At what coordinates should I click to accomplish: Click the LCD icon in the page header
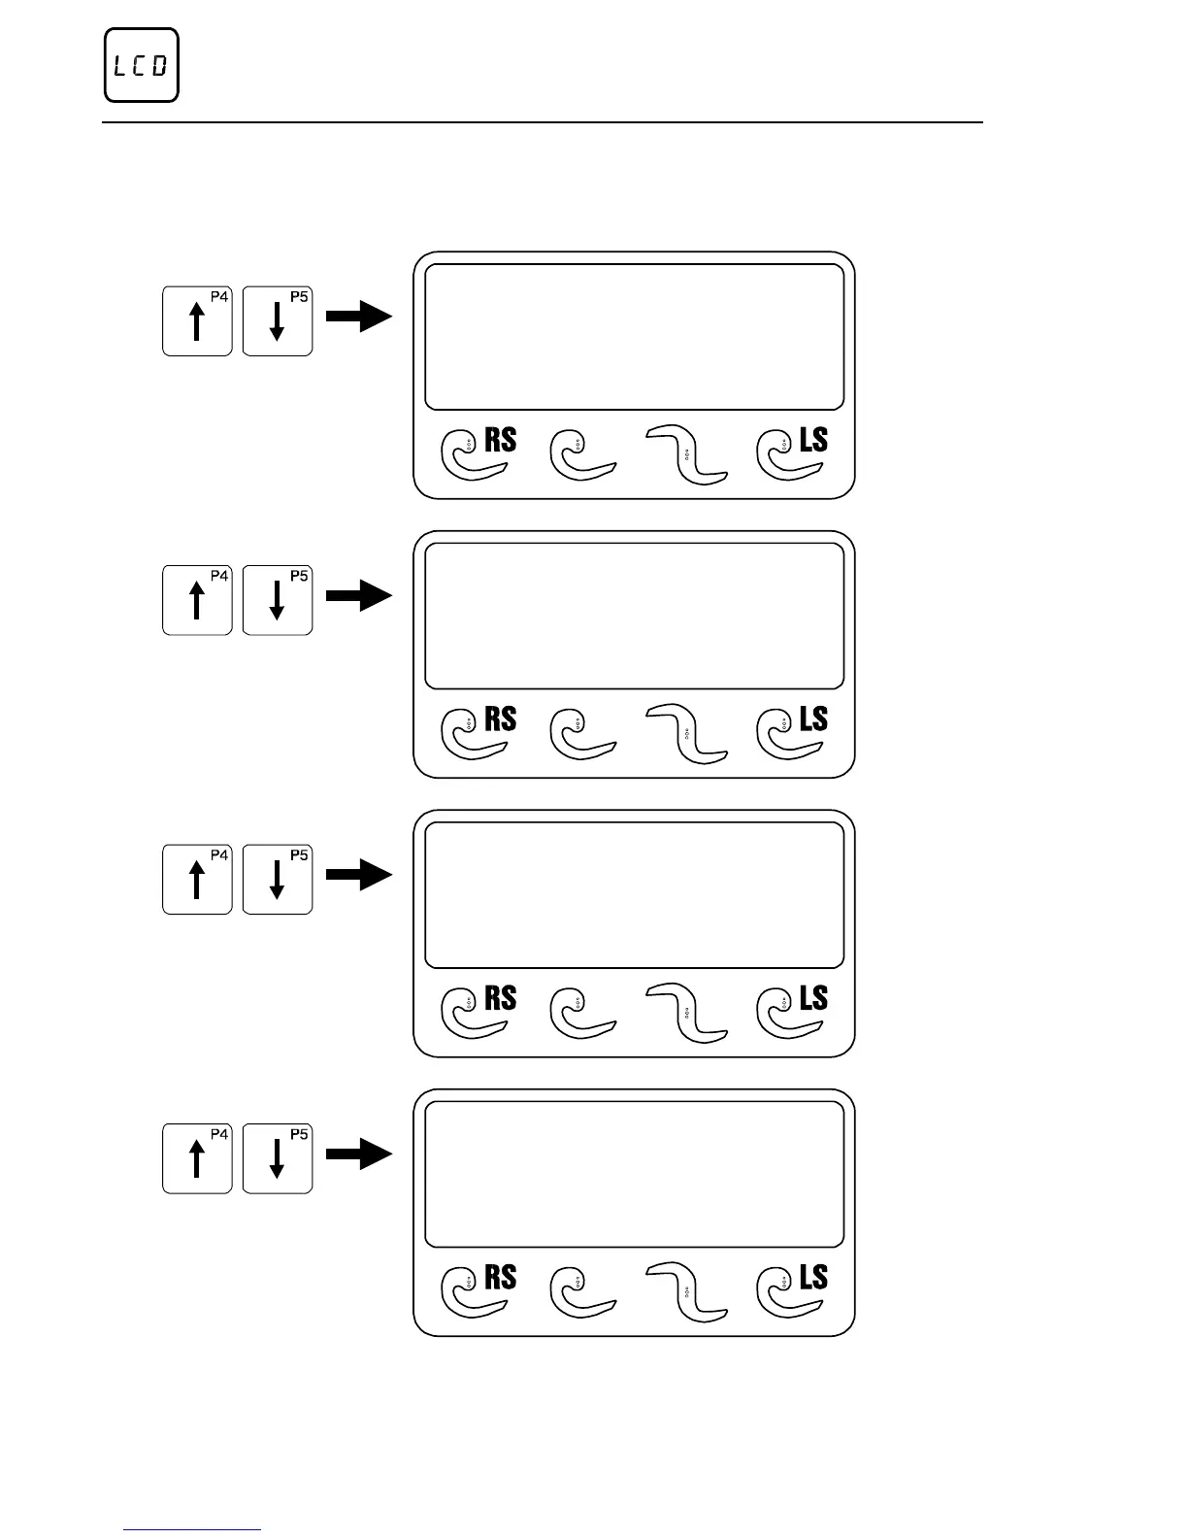(x=142, y=66)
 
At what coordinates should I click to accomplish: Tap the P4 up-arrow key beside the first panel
(x=197, y=320)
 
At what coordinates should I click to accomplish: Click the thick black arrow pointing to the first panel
(x=358, y=317)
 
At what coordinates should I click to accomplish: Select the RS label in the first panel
(x=500, y=441)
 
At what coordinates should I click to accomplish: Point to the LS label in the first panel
(x=813, y=441)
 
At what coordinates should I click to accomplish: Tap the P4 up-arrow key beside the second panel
(x=197, y=600)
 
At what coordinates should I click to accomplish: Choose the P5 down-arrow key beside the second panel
(x=278, y=600)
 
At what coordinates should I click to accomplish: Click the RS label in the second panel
(x=500, y=719)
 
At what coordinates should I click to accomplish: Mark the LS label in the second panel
(x=813, y=719)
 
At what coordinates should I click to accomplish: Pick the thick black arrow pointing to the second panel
(x=358, y=595)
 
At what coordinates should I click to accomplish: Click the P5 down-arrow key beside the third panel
(x=278, y=879)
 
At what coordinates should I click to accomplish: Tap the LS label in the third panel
(x=813, y=998)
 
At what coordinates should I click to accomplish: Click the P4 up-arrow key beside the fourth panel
(x=197, y=1157)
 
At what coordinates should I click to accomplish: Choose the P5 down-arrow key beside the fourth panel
(x=278, y=1157)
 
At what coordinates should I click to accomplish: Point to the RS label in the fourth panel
(x=500, y=1278)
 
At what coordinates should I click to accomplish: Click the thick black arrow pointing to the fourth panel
(x=358, y=1153)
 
